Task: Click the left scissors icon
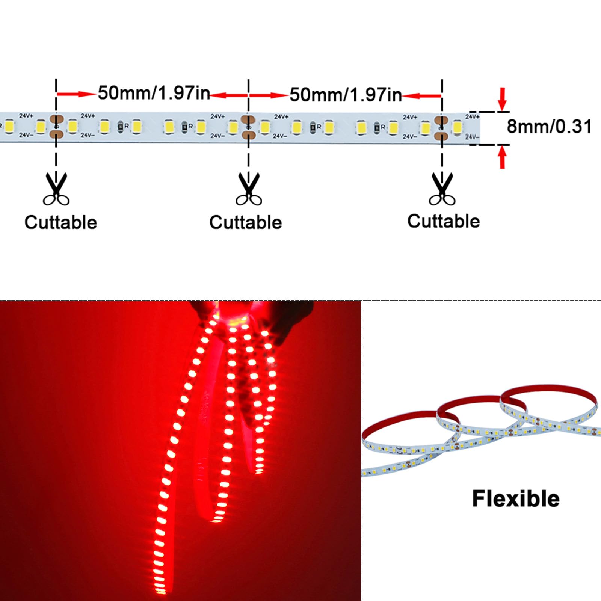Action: click(x=56, y=189)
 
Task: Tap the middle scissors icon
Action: click(x=249, y=189)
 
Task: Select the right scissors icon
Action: click(x=442, y=189)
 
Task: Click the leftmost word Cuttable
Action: click(x=61, y=222)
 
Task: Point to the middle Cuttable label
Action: click(x=246, y=222)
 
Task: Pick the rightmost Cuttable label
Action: click(x=444, y=221)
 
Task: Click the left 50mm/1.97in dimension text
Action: click(x=154, y=93)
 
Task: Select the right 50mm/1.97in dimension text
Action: click(x=346, y=94)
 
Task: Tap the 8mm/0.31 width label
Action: click(x=549, y=127)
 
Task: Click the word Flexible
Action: click(x=516, y=499)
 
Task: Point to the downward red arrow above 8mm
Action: click(x=502, y=100)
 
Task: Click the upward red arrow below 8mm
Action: click(x=502, y=157)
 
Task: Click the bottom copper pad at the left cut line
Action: click(x=57, y=134)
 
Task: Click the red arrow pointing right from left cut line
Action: click(x=76, y=94)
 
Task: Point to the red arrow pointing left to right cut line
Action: click(x=421, y=96)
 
